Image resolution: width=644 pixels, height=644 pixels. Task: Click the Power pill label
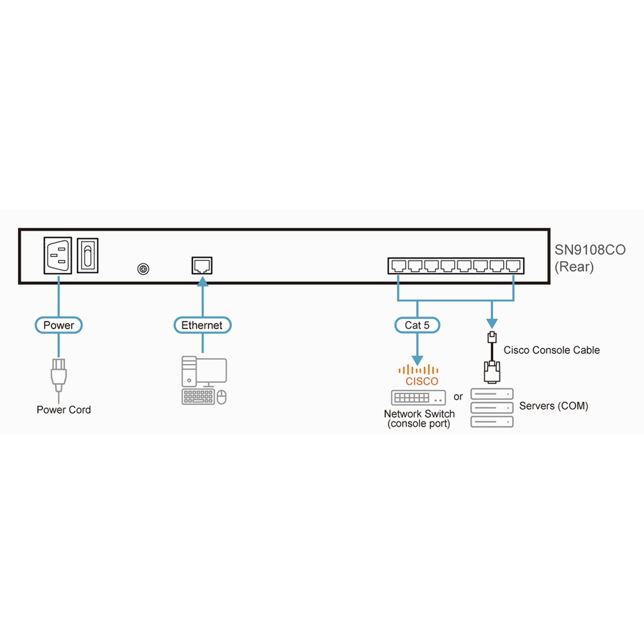(58, 325)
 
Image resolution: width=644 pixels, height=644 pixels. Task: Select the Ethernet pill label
(202, 325)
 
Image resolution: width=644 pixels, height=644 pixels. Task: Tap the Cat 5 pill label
(417, 325)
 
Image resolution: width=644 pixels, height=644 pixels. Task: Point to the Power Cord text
(64, 409)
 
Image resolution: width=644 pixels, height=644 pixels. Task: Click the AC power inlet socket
(58, 255)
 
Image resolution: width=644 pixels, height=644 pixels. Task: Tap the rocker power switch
(87, 255)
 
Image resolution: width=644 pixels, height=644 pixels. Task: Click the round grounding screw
(143, 269)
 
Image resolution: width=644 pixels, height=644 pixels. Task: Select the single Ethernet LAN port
(202, 265)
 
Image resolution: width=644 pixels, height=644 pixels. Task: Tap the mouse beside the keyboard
(221, 397)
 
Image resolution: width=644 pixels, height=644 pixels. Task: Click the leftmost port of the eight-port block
(397, 267)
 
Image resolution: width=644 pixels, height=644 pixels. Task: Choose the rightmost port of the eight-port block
(514, 267)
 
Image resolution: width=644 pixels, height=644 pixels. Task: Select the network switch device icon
(418, 397)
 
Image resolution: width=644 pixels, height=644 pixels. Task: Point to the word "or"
(458, 397)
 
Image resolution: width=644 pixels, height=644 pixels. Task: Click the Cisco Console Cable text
(552, 350)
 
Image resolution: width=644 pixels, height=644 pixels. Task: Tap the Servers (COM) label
(553, 406)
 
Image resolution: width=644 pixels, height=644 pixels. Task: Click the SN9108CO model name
(590, 250)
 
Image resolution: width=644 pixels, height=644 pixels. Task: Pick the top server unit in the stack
(492, 394)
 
